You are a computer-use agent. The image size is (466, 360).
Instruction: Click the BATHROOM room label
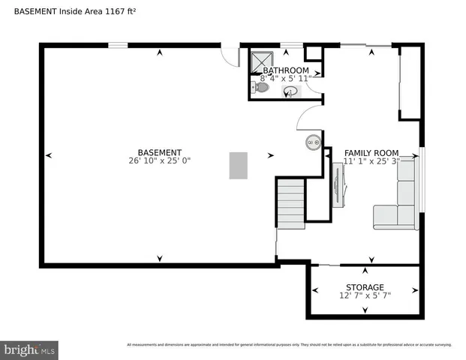pyautogui.click(x=284, y=70)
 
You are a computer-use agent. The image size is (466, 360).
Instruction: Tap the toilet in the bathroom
pyautogui.click(x=260, y=88)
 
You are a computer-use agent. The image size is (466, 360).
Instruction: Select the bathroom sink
pyautogui.click(x=291, y=92)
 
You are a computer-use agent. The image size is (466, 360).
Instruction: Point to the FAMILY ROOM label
pyautogui.click(x=371, y=153)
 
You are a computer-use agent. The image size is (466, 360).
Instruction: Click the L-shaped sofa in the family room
pyautogui.click(x=398, y=202)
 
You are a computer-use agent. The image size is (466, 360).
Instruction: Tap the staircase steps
pyautogui.click(x=290, y=203)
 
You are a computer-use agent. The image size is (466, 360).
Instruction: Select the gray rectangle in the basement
pyautogui.click(x=238, y=165)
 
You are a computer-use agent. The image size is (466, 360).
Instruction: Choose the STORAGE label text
pyautogui.click(x=365, y=287)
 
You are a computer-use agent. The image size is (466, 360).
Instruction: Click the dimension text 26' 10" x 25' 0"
pyautogui.click(x=159, y=160)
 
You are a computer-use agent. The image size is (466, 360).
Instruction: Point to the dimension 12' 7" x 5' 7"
pyautogui.click(x=365, y=295)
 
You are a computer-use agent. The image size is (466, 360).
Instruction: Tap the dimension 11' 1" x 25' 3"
pyautogui.click(x=371, y=161)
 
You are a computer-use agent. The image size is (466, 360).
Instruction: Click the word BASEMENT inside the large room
pyautogui.click(x=159, y=152)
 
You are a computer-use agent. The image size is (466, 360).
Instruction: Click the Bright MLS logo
pyautogui.click(x=30, y=349)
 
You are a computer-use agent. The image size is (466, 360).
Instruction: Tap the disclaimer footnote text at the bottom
pyautogui.click(x=289, y=345)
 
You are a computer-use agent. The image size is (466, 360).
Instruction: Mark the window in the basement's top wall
pyautogui.click(x=118, y=46)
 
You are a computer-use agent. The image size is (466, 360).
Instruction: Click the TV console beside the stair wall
pyautogui.click(x=338, y=183)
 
